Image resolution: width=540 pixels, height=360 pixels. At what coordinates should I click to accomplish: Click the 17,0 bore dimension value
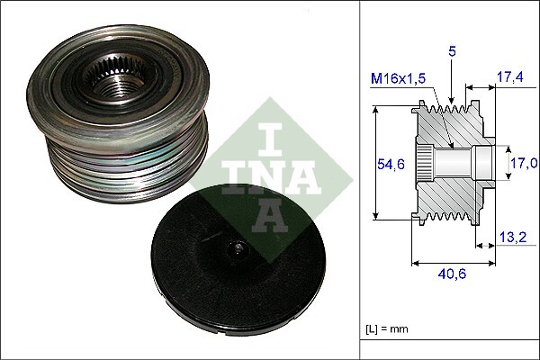(525, 163)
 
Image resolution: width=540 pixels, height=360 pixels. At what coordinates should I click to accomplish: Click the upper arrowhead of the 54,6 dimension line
(376, 108)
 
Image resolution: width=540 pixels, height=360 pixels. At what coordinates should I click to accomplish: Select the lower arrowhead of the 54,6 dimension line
(376, 219)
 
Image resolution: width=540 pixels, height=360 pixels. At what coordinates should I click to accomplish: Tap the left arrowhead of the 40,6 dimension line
(415, 264)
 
